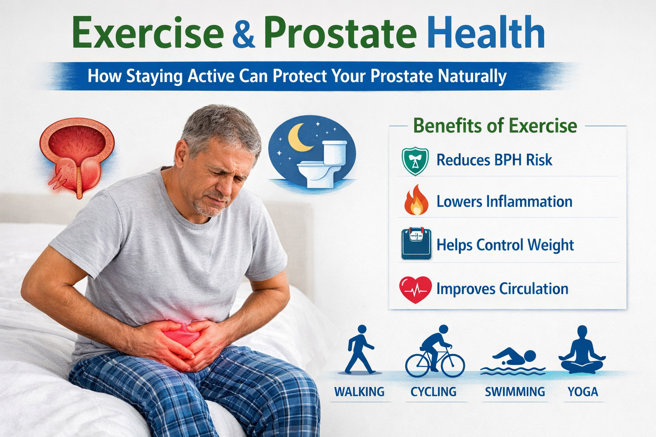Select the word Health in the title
click(486, 33)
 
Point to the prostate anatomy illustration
click(77, 156)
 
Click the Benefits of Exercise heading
click(495, 126)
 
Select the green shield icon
click(415, 161)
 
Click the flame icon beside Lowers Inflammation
click(416, 201)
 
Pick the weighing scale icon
click(416, 244)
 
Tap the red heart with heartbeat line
click(415, 289)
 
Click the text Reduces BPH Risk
click(494, 160)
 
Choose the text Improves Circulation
click(502, 289)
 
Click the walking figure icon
click(360, 350)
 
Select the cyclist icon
click(435, 352)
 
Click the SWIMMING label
click(515, 392)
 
